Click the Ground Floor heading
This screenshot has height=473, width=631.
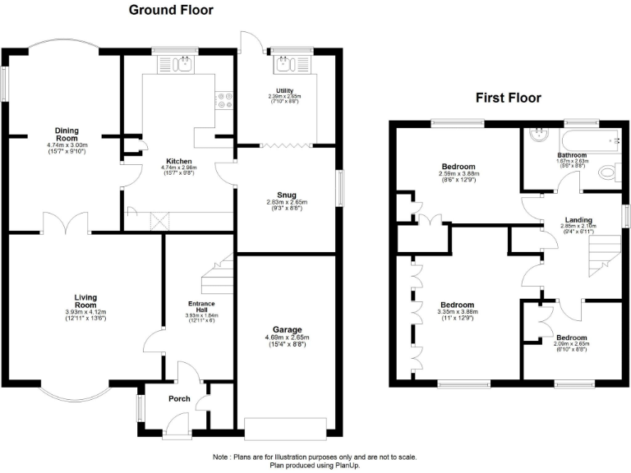click(171, 11)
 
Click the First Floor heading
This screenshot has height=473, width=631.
click(509, 98)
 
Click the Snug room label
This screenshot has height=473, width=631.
click(287, 195)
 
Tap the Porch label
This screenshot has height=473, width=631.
click(179, 400)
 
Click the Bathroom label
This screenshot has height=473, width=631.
click(572, 155)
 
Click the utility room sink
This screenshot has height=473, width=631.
click(288, 64)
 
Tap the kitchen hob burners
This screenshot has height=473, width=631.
click(223, 100)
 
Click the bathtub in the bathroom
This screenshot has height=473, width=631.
click(592, 139)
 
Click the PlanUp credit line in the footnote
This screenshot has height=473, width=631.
click(315, 465)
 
